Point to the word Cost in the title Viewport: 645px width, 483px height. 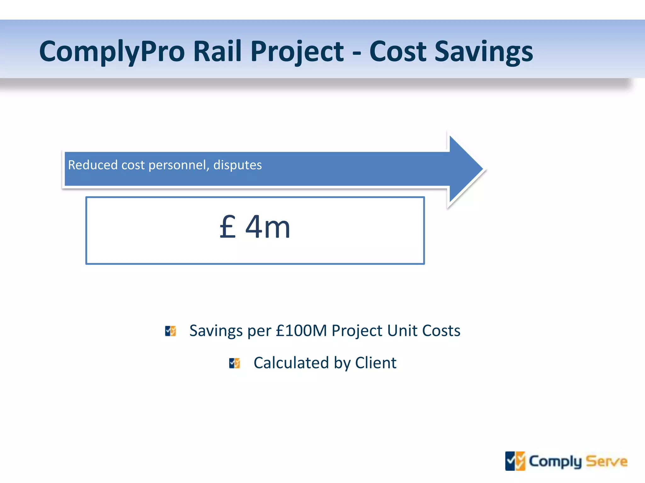click(x=398, y=51)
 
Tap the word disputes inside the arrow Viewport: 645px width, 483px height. click(x=237, y=165)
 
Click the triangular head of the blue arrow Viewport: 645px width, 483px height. click(x=465, y=169)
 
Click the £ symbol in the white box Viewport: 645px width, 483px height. click(x=227, y=227)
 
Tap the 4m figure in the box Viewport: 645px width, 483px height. click(x=268, y=227)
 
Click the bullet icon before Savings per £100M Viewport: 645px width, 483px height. click(x=171, y=331)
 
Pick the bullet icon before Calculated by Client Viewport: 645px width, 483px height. click(x=235, y=363)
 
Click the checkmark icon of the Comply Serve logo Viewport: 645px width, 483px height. click(x=515, y=461)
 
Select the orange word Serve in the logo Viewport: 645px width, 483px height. click(x=607, y=462)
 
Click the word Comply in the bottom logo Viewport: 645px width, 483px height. click(x=555, y=462)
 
